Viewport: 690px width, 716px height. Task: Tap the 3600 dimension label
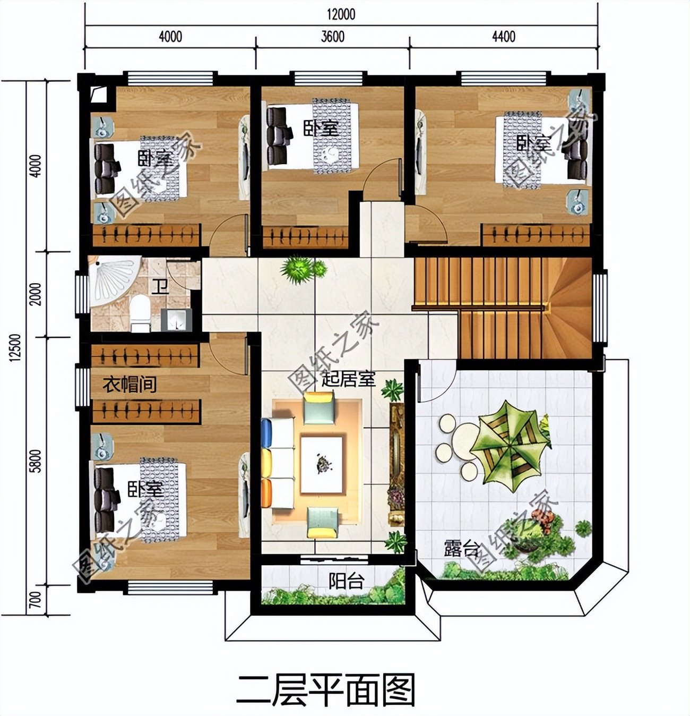333,36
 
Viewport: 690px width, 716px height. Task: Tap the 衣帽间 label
130,383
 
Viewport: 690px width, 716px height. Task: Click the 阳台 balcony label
346,581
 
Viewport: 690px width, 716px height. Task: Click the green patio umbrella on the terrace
509,442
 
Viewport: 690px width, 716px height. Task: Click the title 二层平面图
326,689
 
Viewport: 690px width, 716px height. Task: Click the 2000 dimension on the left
36,294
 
